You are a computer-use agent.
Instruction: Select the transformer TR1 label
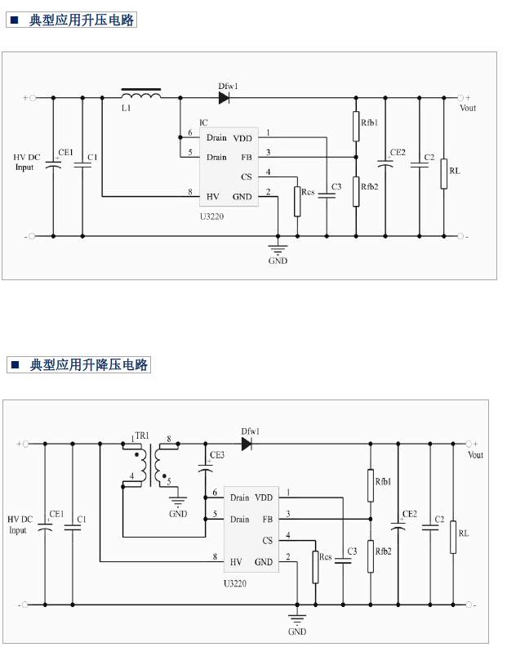click(141, 437)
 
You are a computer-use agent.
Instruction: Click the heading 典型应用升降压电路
click(89, 365)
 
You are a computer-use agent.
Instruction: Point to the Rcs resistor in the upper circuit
click(297, 201)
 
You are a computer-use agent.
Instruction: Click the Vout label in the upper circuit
click(468, 108)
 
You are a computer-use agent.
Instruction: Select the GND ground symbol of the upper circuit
click(278, 249)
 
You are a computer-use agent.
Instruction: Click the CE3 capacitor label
click(216, 455)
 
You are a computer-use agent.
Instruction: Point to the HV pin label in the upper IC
click(212, 196)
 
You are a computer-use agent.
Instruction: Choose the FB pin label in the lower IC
click(267, 519)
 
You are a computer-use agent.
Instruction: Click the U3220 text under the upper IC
click(212, 216)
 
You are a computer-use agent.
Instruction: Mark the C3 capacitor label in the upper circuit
click(336, 186)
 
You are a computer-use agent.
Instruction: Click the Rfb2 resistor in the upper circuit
click(356, 192)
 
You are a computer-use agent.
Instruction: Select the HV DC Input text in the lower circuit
click(20, 524)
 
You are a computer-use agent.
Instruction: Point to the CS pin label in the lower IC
click(267, 540)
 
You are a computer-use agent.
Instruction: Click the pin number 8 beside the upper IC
click(189, 191)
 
